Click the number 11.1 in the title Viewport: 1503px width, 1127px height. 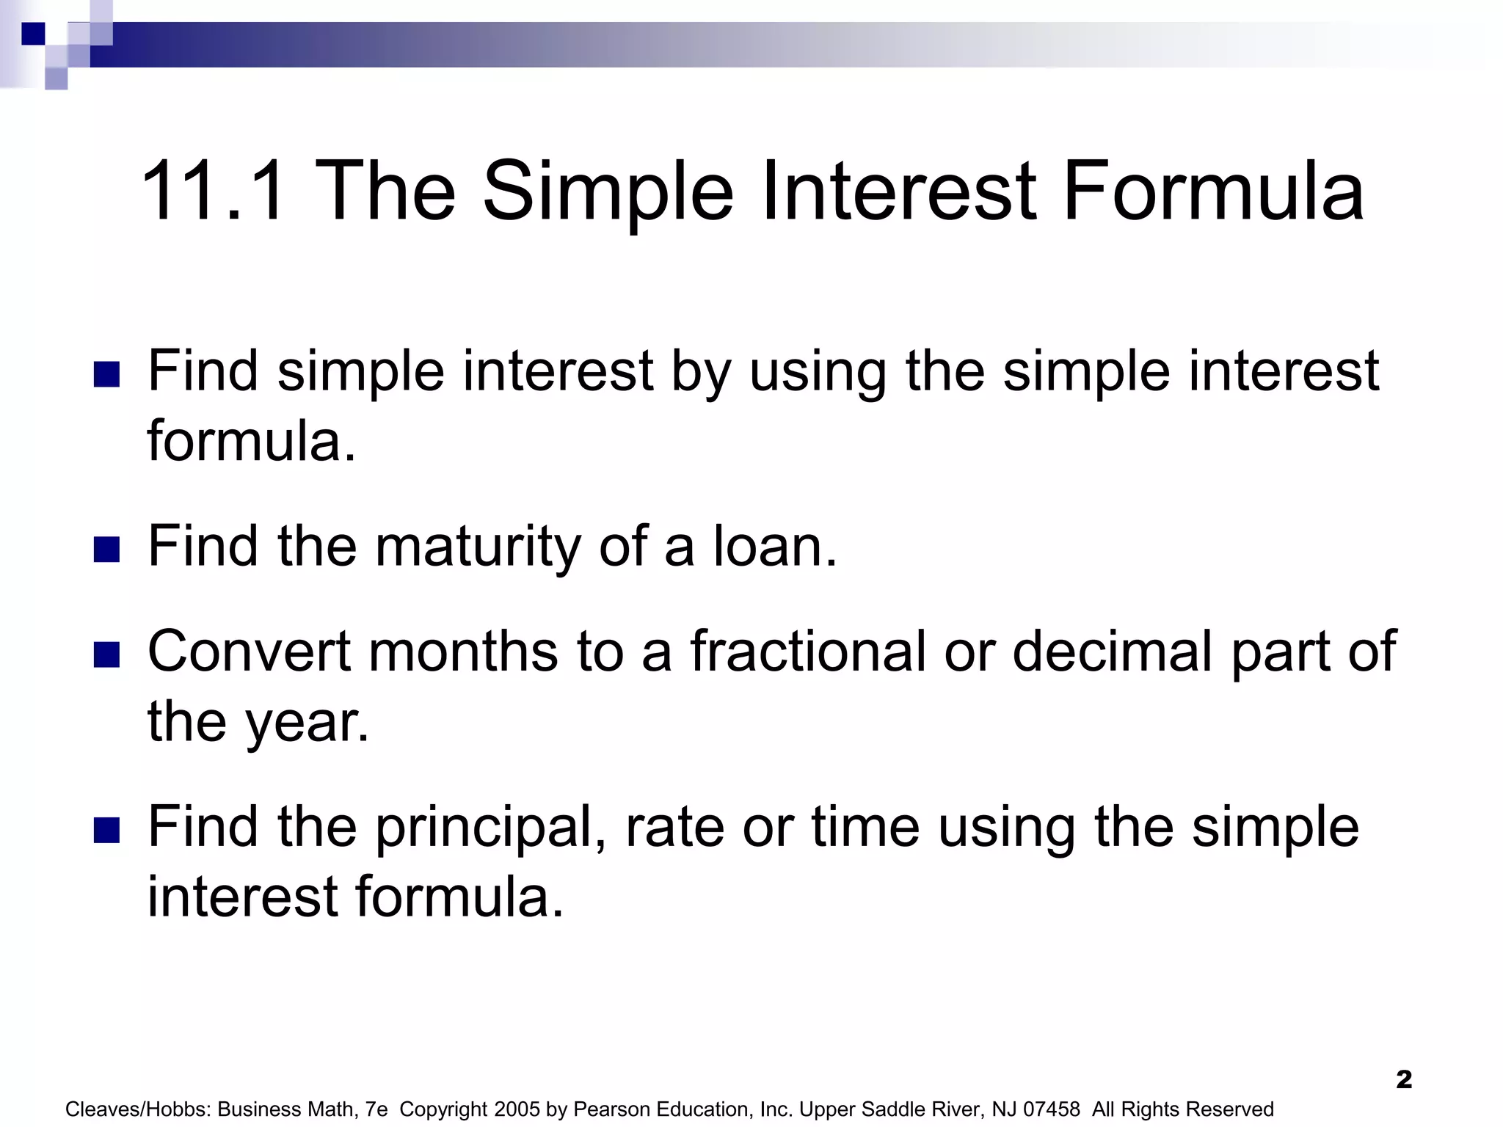[213, 192]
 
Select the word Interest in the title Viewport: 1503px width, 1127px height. [900, 192]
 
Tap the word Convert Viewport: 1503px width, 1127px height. [250, 652]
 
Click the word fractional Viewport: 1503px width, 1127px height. [807, 652]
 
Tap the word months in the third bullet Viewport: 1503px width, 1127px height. [463, 652]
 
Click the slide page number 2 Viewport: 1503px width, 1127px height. [1404, 1079]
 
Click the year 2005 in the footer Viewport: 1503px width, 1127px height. [517, 1109]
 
